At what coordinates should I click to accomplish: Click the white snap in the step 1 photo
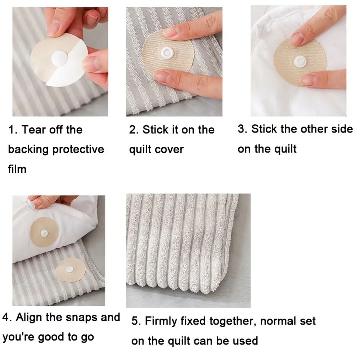[x=59, y=58]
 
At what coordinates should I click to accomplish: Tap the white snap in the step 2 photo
[x=167, y=53]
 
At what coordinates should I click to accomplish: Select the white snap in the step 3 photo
[x=300, y=61]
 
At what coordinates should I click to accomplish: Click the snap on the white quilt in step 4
[x=44, y=233]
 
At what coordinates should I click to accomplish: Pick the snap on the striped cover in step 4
[x=70, y=270]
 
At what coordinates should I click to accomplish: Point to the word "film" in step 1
[x=17, y=169]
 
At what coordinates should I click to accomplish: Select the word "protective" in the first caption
[x=78, y=150]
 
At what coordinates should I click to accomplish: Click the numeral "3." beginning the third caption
[x=242, y=129]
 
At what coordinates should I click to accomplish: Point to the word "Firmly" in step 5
[x=161, y=321]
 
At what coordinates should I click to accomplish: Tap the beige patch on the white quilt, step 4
[x=45, y=232]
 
